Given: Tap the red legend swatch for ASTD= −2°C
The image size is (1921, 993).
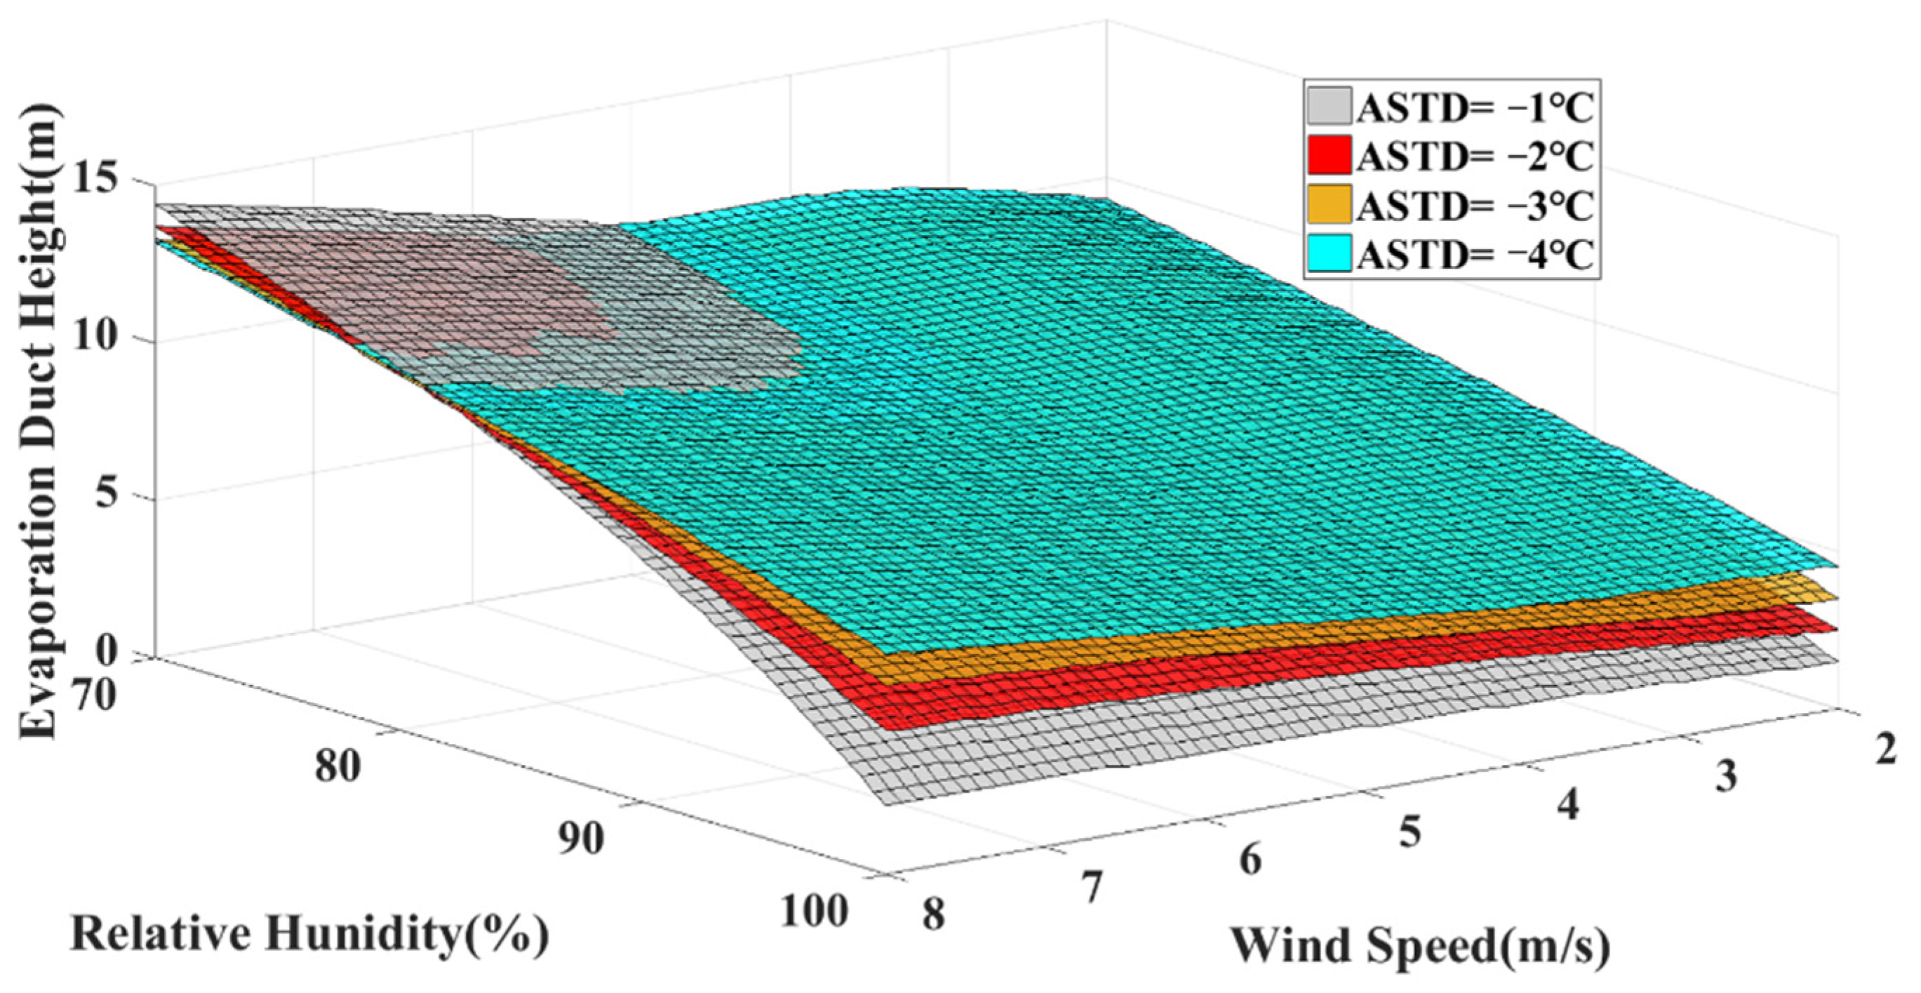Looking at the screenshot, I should [1329, 155].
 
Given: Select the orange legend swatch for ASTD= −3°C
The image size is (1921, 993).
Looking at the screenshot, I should [1329, 204].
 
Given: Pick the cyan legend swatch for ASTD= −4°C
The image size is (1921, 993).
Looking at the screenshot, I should [1329, 253].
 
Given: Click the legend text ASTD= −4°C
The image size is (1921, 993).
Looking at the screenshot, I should [1475, 255].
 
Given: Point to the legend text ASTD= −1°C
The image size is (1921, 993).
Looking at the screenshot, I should [1475, 108].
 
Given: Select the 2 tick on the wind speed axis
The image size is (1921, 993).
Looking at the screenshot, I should [1886, 748].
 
